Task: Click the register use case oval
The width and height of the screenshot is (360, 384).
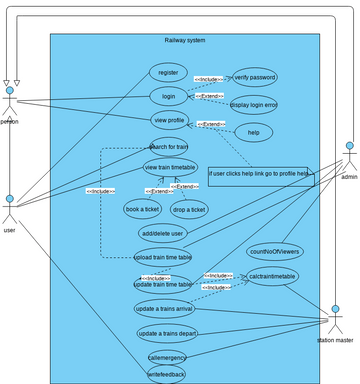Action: coord(168,72)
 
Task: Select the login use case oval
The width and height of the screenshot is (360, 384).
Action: coord(168,96)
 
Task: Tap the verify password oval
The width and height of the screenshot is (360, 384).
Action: coord(254,77)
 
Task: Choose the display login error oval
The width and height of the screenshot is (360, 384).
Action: coord(254,104)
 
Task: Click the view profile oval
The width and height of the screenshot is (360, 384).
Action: coord(168,120)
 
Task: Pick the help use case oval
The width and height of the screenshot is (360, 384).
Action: coord(253,132)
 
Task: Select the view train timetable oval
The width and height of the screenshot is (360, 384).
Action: coord(170,167)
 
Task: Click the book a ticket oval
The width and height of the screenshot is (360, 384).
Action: coord(143,209)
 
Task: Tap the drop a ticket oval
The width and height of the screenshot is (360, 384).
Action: coord(189,209)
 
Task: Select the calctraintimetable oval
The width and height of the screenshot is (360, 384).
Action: coord(271,276)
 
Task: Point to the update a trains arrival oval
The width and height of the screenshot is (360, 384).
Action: coord(166,308)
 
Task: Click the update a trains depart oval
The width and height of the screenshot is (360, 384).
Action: coord(167,332)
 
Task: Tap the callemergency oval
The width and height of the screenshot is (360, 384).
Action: coord(167,356)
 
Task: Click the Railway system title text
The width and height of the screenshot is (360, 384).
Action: coord(185,40)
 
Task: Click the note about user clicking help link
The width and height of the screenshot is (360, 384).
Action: coord(260,173)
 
